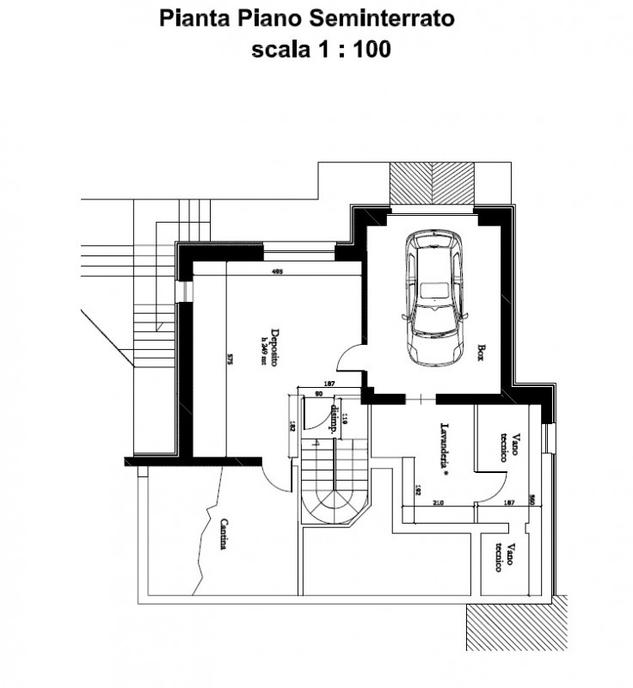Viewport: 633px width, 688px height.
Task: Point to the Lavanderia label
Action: (x=445, y=445)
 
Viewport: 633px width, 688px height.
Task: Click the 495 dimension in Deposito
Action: (x=277, y=273)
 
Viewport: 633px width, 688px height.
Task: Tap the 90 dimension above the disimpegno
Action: (x=318, y=394)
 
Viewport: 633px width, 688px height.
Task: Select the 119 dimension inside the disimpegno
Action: (x=345, y=421)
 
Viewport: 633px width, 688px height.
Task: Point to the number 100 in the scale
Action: (x=372, y=50)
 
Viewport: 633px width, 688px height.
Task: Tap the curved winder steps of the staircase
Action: (x=331, y=507)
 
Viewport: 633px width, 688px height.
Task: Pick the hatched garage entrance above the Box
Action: (x=431, y=182)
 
